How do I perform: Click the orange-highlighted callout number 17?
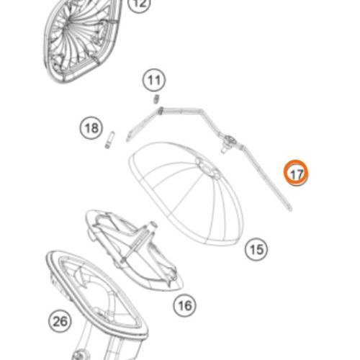pyautogui.click(x=296, y=173)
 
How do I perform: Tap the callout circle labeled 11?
pyautogui.click(x=154, y=80)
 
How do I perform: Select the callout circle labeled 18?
pyautogui.click(x=91, y=127)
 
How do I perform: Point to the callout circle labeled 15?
pyautogui.click(x=256, y=249)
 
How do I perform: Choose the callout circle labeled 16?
pyautogui.click(x=184, y=305)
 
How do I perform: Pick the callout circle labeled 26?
pyautogui.click(x=60, y=321)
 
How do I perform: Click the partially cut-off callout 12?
pyautogui.click(x=140, y=4)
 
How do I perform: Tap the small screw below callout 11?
pyautogui.click(x=156, y=99)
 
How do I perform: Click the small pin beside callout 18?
pyautogui.click(x=109, y=140)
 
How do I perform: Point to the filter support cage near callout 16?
pyautogui.click(x=135, y=250)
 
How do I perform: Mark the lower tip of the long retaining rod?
pyautogui.click(x=290, y=210)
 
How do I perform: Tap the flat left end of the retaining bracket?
pyautogui.click(x=129, y=138)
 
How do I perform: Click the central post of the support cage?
pyautogui.click(x=139, y=241)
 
